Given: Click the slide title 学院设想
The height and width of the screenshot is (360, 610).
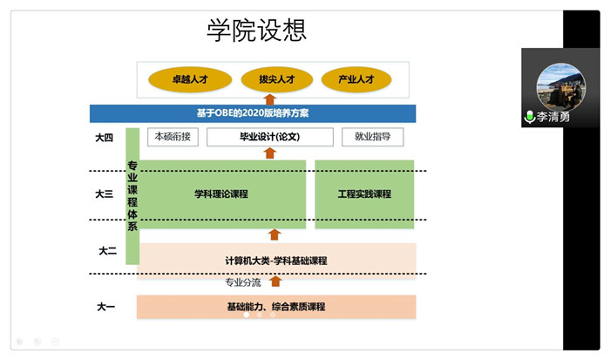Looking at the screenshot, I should pyautogui.click(x=257, y=31).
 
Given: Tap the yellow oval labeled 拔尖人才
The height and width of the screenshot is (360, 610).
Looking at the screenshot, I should pyautogui.click(x=276, y=79).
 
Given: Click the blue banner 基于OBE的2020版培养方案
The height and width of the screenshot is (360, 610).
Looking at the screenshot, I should pyautogui.click(x=253, y=113).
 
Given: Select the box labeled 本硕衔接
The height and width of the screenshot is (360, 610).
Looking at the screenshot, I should pyautogui.click(x=176, y=136).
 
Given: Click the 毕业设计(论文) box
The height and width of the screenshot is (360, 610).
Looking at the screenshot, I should pyautogui.click(x=270, y=137).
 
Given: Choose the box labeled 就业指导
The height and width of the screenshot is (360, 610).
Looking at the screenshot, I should pyautogui.click(x=372, y=136).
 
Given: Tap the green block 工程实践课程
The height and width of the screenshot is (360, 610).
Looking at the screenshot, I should pyautogui.click(x=364, y=194).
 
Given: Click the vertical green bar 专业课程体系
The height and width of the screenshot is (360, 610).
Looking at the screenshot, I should pyautogui.click(x=132, y=195).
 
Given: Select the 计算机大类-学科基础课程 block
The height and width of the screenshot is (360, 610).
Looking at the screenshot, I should pyautogui.click(x=275, y=260).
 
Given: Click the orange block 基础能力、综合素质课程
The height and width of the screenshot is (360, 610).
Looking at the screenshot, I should pyautogui.click(x=275, y=306).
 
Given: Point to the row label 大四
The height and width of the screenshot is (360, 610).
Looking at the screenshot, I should pyautogui.click(x=105, y=137).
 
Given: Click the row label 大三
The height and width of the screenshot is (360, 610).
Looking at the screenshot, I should pyautogui.click(x=105, y=194).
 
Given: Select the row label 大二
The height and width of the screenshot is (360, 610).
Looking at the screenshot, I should pyautogui.click(x=107, y=250).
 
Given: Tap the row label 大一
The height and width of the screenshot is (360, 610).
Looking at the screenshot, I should pyautogui.click(x=105, y=306).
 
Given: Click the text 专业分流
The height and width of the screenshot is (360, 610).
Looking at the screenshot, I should pyautogui.click(x=243, y=282).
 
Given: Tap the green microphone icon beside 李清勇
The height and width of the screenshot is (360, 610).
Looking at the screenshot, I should pyautogui.click(x=529, y=117).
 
